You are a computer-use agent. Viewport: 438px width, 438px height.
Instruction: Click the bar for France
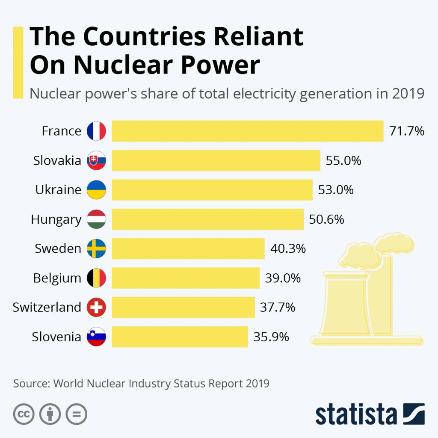(x=247, y=131)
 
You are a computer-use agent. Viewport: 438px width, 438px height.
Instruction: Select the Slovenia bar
(x=180, y=337)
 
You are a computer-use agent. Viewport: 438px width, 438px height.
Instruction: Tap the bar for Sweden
(x=188, y=249)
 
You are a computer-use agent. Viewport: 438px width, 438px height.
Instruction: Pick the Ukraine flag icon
(x=96, y=189)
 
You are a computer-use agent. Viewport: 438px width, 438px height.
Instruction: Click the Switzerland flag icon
(x=96, y=307)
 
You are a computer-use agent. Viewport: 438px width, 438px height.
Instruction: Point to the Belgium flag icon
(x=96, y=278)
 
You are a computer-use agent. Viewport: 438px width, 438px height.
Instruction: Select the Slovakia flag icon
(x=96, y=160)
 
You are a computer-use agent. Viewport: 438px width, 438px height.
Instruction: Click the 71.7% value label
(x=406, y=131)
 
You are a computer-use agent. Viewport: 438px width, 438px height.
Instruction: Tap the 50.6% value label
(x=326, y=219)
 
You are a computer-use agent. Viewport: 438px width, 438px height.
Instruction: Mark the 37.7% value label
(x=278, y=307)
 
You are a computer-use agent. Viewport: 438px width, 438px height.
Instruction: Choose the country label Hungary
(x=56, y=220)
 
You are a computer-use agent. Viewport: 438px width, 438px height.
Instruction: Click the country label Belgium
(x=57, y=278)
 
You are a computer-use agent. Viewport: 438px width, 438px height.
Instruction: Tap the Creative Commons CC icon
(x=24, y=414)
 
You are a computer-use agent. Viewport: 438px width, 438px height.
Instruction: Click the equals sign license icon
(x=77, y=414)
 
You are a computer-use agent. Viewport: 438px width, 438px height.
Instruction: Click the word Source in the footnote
(x=29, y=383)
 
